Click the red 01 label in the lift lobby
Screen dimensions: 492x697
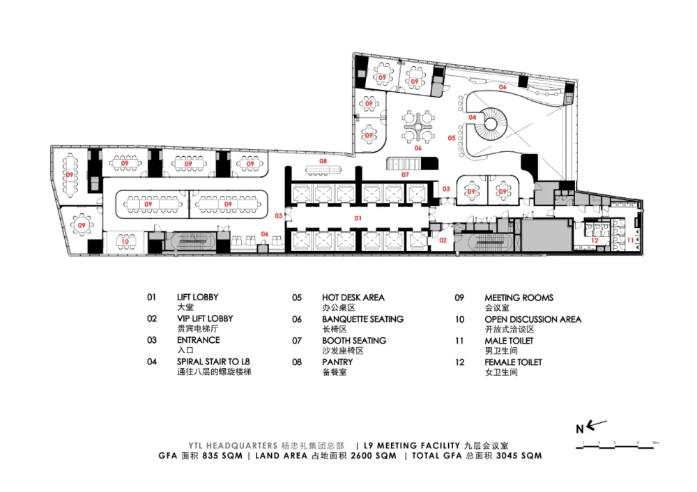[358, 218]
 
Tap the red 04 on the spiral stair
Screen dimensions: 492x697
[473, 118]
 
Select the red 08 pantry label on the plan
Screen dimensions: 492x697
[323, 161]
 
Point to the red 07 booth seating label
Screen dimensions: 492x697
[405, 174]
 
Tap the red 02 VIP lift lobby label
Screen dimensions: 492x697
[443, 240]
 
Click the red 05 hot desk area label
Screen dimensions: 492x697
[452, 138]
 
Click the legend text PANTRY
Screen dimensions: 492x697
[337, 362]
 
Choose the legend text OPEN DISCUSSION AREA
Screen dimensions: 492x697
[533, 319]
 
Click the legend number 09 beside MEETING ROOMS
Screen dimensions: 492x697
[459, 298]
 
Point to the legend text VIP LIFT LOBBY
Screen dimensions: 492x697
[205, 318]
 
